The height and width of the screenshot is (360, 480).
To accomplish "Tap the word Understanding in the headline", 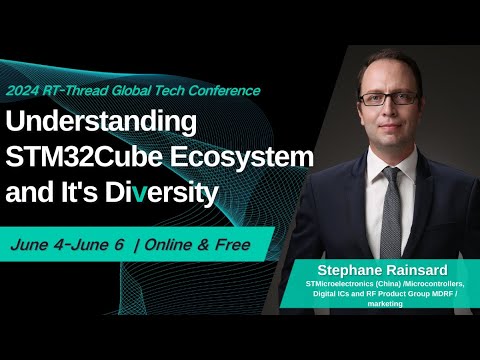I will click(x=101, y=122).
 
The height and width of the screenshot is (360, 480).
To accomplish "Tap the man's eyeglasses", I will click(x=389, y=98).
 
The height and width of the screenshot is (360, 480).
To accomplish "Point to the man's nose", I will click(x=389, y=110).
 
